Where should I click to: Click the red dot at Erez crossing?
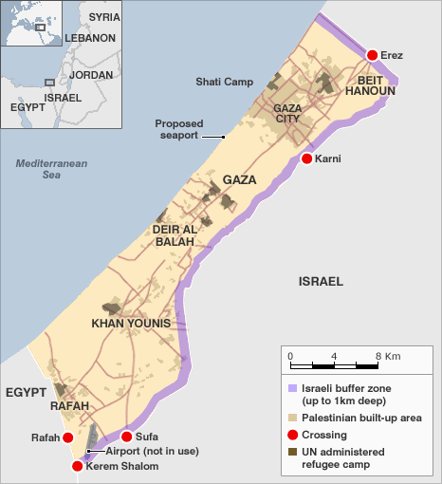pyautogui.click(x=372, y=56)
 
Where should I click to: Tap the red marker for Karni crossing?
pyautogui.click(x=306, y=158)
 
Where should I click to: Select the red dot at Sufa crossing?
pyautogui.click(x=126, y=437)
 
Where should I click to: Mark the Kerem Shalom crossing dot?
pyautogui.click(x=77, y=466)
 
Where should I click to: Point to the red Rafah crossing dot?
pyautogui.click(x=67, y=437)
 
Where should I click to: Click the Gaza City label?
pyautogui.click(x=286, y=114)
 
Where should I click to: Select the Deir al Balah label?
pyautogui.click(x=173, y=235)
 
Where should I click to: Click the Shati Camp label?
pyautogui.click(x=224, y=82)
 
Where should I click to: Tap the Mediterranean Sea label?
pyautogui.click(x=51, y=169)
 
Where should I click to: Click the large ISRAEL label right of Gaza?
pyautogui.click(x=321, y=282)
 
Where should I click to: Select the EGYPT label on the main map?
pyautogui.click(x=26, y=391)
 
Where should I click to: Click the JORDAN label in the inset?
pyautogui.click(x=91, y=74)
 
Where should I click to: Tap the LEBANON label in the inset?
pyautogui.click(x=90, y=38)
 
